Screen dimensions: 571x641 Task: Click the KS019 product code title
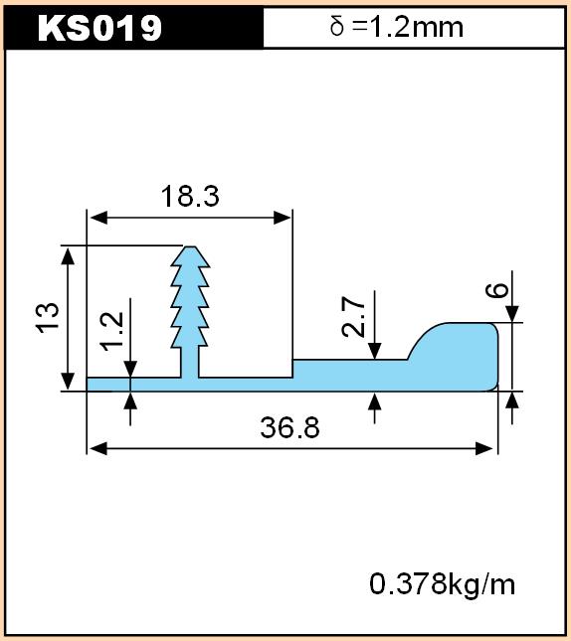(99, 28)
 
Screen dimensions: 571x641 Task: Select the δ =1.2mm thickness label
(396, 27)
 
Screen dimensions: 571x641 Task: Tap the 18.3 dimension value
(190, 196)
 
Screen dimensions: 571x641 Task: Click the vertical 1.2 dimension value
(112, 331)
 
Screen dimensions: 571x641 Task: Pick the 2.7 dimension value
(353, 317)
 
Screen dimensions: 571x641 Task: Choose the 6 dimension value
(496, 290)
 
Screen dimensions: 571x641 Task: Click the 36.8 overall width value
(289, 427)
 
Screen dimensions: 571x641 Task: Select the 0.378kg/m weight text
(442, 584)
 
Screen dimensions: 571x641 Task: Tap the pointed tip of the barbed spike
(190, 246)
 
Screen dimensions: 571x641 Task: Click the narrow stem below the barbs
(190, 363)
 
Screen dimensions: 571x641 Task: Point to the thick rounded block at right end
(455, 356)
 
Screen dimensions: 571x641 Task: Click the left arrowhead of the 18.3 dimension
(97, 218)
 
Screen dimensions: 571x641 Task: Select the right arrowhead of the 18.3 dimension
(283, 218)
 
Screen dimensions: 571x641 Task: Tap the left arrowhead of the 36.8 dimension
(97, 448)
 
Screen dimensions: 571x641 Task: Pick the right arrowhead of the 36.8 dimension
(483, 448)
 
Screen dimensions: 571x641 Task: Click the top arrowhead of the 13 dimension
(68, 256)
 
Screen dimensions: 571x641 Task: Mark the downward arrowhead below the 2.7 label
(374, 351)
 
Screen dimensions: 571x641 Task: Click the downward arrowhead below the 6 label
(512, 314)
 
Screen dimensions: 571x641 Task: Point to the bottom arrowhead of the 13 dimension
(68, 382)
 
